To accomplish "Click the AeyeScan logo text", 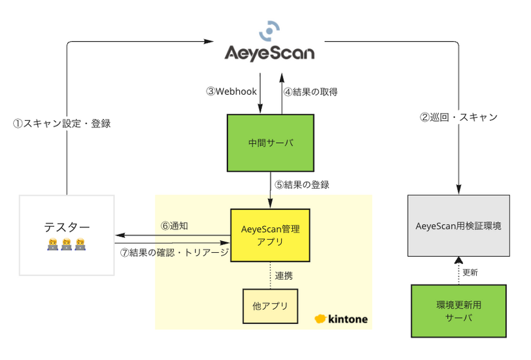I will tap(269, 52).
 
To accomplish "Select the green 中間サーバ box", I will tap(270, 142).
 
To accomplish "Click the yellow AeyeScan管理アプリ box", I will tap(270, 233).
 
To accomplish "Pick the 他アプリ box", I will tap(270, 306).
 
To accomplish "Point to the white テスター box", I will tap(67, 235).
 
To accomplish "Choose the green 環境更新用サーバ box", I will tap(458, 311).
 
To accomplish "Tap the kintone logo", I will tap(341, 319).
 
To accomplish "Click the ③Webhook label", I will tap(231, 91).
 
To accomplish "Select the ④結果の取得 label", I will tap(311, 91).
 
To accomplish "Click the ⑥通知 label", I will tap(175, 225).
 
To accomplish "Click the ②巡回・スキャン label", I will tap(458, 118).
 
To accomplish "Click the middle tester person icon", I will tap(67, 246).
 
